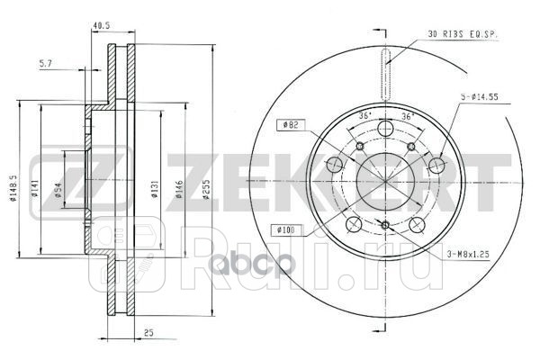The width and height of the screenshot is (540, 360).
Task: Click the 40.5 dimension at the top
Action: pyautogui.click(x=100, y=27)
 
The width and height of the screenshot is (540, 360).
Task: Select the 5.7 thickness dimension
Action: pyautogui.click(x=52, y=63)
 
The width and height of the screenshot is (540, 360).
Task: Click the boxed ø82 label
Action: pyautogui.click(x=290, y=125)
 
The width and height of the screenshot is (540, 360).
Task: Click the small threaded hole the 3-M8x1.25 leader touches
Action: pyautogui.click(x=384, y=225)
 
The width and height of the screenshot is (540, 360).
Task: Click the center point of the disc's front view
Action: pyautogui.click(x=384, y=180)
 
